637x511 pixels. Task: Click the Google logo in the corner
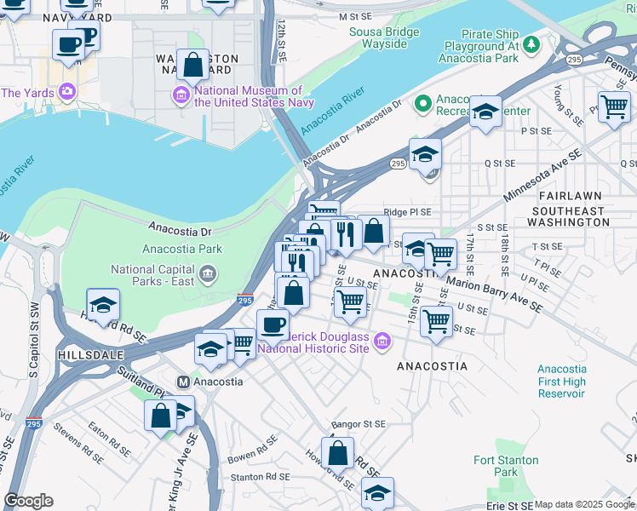29,501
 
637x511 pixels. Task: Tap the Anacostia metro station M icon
181,382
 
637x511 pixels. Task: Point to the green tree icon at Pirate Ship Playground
531,43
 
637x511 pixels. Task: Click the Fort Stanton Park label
506,466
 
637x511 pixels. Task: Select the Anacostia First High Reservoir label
561,381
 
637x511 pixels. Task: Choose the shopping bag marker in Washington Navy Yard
193,64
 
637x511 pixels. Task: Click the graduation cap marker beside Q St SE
425,154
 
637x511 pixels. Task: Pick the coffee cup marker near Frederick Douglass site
273,324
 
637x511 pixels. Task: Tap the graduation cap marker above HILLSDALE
103,305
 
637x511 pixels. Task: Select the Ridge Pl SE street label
408,212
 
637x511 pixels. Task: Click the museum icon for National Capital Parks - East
208,275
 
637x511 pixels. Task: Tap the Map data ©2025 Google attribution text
583,504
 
